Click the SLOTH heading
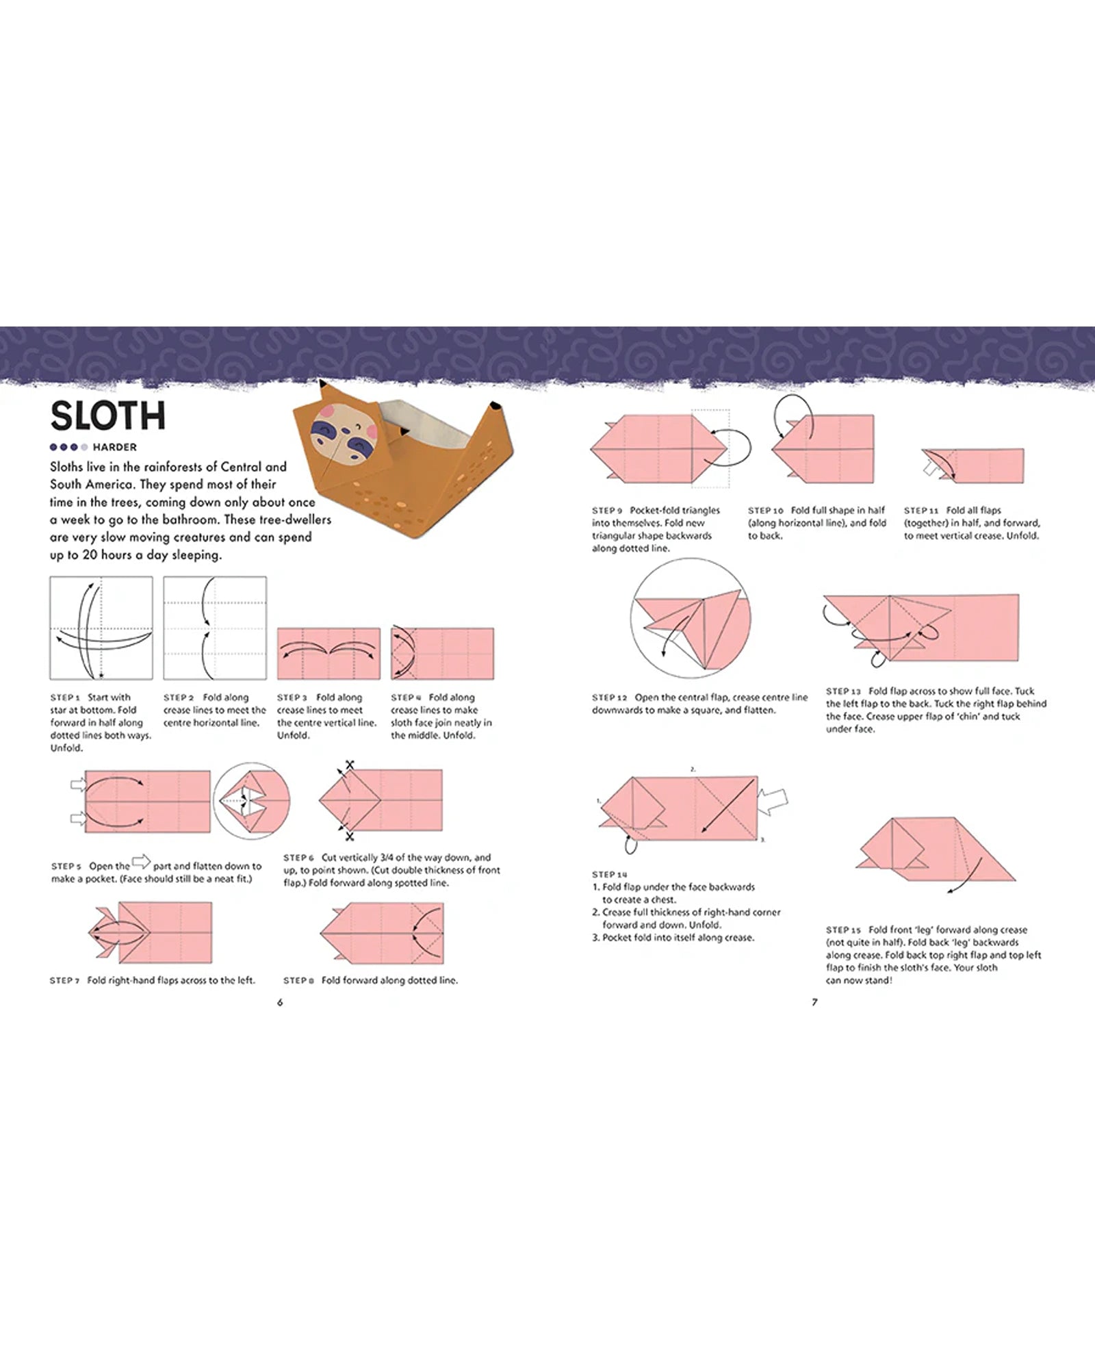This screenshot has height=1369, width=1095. (108, 415)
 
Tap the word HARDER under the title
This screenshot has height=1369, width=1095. (114, 447)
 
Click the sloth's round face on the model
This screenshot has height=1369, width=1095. (339, 439)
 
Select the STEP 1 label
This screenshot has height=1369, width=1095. (65, 698)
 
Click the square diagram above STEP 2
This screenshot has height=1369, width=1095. (215, 628)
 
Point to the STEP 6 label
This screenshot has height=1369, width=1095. (299, 858)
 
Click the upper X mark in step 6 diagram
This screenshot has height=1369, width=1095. (350, 765)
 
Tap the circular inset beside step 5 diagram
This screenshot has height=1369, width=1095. (252, 801)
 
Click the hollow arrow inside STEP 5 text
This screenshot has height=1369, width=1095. (141, 862)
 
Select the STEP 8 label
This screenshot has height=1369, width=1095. (298, 981)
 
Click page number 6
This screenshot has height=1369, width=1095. (279, 1002)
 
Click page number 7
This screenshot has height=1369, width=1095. (814, 1002)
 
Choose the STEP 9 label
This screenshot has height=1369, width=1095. (608, 511)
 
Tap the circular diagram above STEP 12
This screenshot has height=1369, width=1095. (690, 619)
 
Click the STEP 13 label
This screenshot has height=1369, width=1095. (843, 691)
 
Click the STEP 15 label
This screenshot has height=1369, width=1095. (843, 930)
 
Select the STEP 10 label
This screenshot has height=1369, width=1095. (765, 511)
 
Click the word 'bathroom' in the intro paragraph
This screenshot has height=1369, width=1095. (189, 520)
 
